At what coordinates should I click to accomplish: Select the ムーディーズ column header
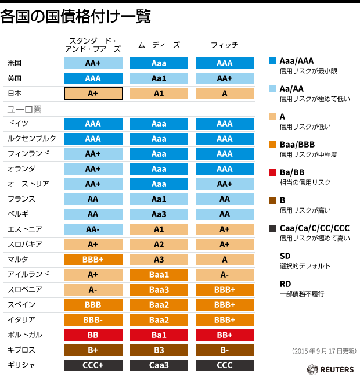[x=159, y=45]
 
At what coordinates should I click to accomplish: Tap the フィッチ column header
[x=224, y=45]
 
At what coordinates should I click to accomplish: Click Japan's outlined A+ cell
[x=93, y=93]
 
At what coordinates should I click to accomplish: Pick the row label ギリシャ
[x=21, y=365]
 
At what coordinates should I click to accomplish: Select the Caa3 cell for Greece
[x=159, y=365]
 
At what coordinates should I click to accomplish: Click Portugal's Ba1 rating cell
[x=159, y=335]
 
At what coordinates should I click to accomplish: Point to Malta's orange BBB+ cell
[x=93, y=260]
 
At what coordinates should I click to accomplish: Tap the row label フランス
[x=21, y=199]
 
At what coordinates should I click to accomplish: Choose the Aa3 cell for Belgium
[x=159, y=214]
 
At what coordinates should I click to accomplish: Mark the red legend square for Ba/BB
[x=273, y=172]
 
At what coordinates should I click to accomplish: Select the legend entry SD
[x=285, y=256]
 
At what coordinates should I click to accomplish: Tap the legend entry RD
[x=285, y=283]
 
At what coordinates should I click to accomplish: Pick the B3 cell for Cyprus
[x=159, y=350]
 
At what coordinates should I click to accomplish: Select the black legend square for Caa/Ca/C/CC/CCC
[x=273, y=228]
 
